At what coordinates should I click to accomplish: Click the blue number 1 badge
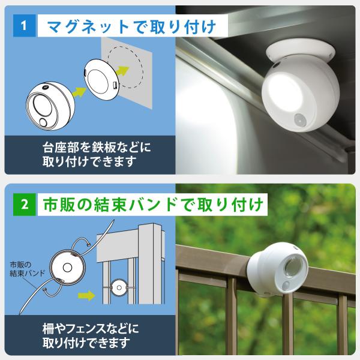pos(25,25)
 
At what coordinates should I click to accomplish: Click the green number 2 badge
pos(25,205)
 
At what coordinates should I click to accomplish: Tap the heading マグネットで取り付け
pos(131,26)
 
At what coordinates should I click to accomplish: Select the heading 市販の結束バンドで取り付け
pos(153,205)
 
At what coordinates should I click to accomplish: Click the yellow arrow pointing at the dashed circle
pos(122,71)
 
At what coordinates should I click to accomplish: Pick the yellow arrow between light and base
pos(79,92)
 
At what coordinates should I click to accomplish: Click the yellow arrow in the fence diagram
pos(86,295)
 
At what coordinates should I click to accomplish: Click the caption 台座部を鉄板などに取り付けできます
pos(97,155)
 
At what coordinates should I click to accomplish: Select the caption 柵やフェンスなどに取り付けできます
pos(91,335)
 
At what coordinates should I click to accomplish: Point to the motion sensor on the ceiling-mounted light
pos(299,119)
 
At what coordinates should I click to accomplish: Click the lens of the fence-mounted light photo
pos(293,266)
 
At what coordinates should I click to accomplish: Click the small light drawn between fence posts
pos(119,287)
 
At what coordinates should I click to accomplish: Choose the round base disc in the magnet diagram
pos(101,80)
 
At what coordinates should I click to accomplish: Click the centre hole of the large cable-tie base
pos(67,268)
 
